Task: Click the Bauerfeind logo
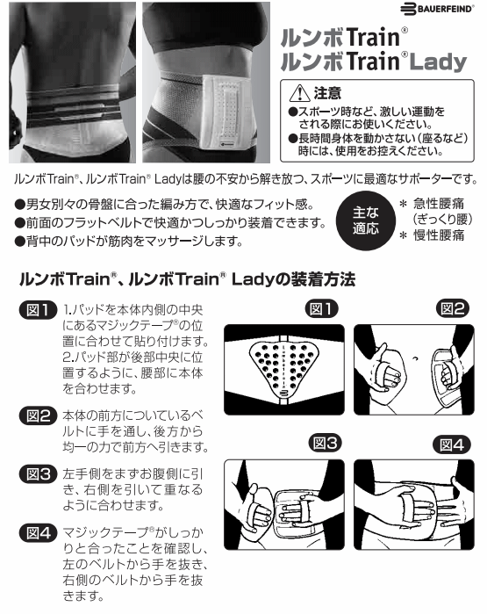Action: click(436, 9)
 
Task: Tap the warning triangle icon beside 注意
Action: click(299, 93)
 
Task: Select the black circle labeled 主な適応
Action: click(365, 220)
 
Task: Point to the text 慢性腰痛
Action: click(439, 235)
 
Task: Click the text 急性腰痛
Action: click(439, 204)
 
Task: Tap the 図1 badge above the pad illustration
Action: click(321, 309)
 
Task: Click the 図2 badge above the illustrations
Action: click(453, 309)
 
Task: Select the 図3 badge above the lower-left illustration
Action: click(325, 444)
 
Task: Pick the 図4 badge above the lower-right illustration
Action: click(451, 444)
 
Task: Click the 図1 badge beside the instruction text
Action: click(39, 311)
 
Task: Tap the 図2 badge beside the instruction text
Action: click(39, 415)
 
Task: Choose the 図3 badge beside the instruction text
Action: click(39, 474)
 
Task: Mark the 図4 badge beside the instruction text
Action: click(39, 533)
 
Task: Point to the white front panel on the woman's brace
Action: click(226, 112)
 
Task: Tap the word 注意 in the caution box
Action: click(327, 93)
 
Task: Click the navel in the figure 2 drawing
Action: click(415, 358)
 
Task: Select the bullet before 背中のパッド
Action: click(19, 242)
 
